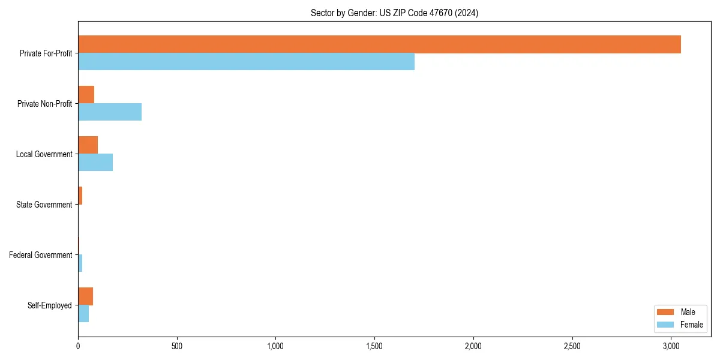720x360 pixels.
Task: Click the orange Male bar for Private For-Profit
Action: click(379, 44)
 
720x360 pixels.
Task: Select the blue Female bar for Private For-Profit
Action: click(246, 61)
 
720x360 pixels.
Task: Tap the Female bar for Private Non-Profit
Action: click(110, 112)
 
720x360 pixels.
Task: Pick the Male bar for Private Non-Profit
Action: click(86, 95)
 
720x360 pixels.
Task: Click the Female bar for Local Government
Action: click(95, 162)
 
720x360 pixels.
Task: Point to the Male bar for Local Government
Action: click(88, 145)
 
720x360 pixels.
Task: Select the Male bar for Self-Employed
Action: click(85, 296)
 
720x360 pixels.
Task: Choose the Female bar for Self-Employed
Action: click(83, 313)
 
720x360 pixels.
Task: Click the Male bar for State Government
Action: click(80, 196)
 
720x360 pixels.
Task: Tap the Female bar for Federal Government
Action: click(80, 263)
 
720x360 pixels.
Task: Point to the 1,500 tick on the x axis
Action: click(374, 346)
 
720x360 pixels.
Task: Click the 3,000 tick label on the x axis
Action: click(671, 346)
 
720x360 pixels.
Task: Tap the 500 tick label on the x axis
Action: click(176, 346)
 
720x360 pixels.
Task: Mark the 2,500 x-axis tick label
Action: click(572, 346)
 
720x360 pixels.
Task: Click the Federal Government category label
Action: click(41, 255)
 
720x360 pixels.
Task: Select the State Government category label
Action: click(44, 205)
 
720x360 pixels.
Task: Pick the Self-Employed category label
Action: click(50, 305)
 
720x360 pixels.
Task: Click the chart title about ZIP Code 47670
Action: click(394, 13)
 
